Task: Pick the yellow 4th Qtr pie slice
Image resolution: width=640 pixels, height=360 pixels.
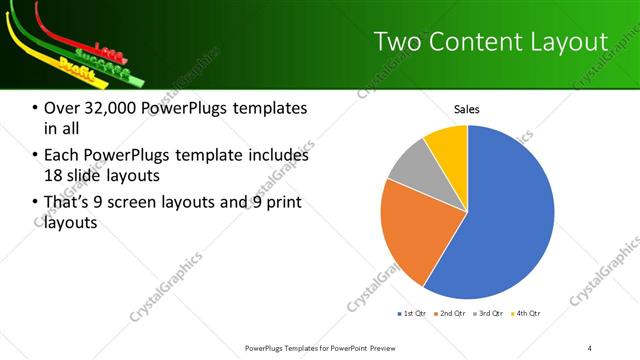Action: [448, 145]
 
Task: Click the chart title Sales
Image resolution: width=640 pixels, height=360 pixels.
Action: [467, 109]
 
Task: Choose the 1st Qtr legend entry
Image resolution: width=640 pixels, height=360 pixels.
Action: [412, 314]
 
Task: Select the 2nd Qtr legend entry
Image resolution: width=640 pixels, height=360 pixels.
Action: [450, 314]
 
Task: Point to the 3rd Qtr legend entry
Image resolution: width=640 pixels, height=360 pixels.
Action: [488, 314]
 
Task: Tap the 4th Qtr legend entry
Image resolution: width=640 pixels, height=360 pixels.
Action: [525, 314]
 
